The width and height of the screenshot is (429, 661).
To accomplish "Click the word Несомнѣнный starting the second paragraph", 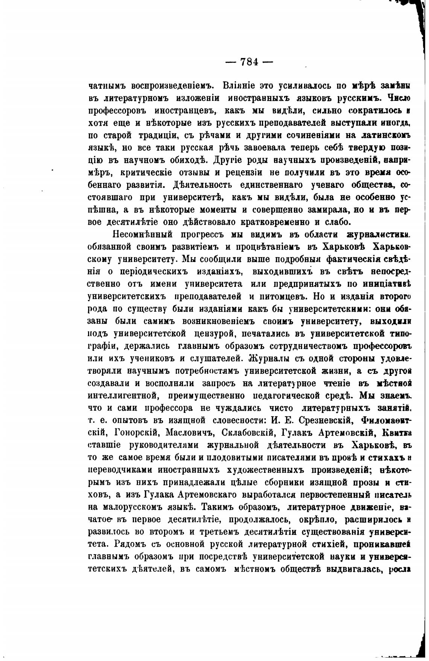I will point(143,235).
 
